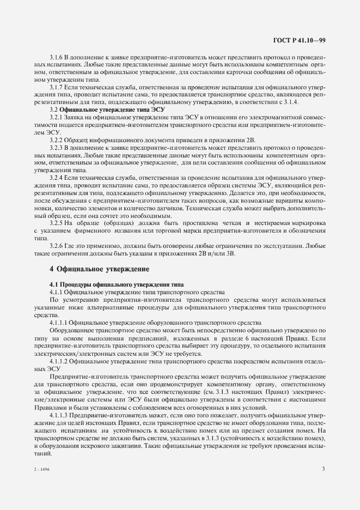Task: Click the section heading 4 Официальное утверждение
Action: pyautogui.click(x=99, y=269)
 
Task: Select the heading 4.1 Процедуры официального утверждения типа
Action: pyautogui.click(x=117, y=285)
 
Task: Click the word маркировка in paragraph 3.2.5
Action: pyautogui.click(x=306, y=223)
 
